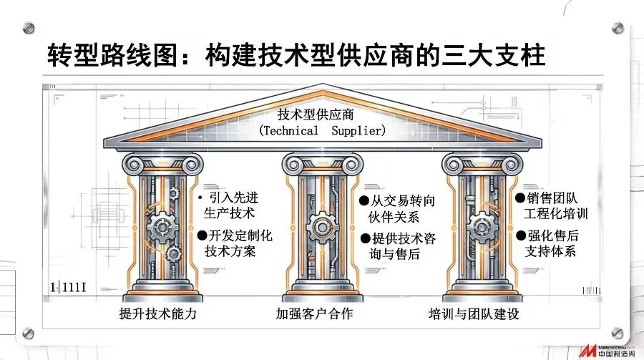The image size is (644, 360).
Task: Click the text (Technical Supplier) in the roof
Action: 322,131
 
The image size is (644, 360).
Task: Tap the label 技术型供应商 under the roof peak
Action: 322,115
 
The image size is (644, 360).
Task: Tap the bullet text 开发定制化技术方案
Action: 235,243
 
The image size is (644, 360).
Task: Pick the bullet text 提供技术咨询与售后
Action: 397,246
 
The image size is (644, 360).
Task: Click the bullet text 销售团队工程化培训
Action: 551,204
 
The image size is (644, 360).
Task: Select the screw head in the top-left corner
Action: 29,28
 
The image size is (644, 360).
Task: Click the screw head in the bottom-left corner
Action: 29,332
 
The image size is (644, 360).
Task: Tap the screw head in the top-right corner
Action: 617,28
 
